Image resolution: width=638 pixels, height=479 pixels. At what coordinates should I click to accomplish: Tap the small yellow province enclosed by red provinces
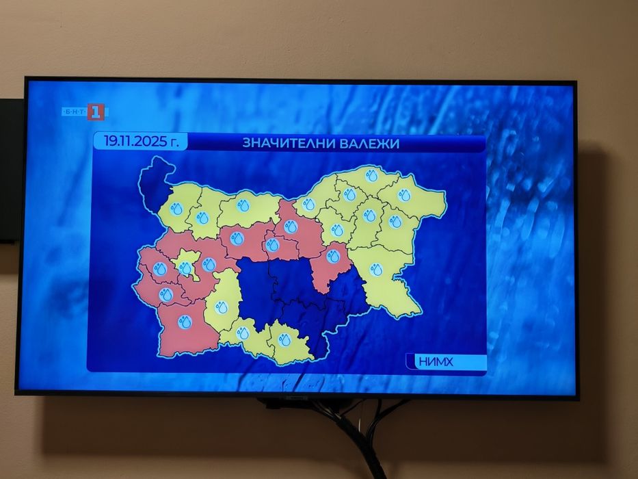[186, 266]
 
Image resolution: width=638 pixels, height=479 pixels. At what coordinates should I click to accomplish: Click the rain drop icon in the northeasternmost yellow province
[404, 195]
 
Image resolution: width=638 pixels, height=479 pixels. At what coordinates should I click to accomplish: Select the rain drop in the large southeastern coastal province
[377, 270]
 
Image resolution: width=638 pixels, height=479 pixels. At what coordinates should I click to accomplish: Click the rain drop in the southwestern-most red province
[185, 322]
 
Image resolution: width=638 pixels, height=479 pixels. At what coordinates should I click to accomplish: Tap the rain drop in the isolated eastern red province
[333, 257]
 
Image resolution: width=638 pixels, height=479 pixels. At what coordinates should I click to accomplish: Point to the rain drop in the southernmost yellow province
[284, 339]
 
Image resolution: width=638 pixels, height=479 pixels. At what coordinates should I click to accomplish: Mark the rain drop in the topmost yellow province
[371, 175]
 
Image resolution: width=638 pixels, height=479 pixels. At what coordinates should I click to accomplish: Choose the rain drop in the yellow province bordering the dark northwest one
[176, 207]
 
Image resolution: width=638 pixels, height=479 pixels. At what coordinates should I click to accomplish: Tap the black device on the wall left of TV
[10, 170]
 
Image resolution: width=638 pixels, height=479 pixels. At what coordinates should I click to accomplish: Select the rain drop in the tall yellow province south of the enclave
[221, 307]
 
